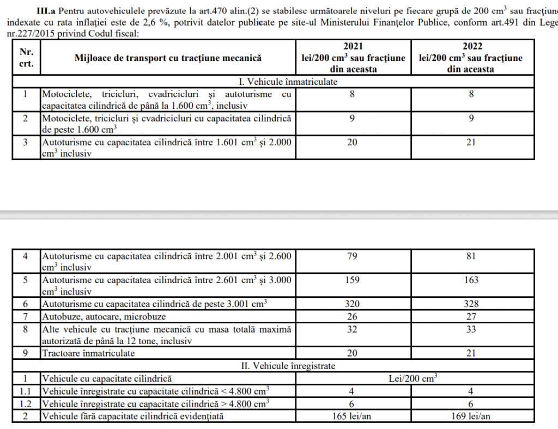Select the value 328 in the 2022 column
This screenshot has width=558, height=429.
coord(471,304)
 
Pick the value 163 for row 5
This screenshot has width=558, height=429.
coord(471,280)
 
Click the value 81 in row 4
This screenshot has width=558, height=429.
coord(471,256)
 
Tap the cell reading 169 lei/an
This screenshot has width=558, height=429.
coord(471,416)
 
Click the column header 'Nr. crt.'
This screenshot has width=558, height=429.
coord(27,58)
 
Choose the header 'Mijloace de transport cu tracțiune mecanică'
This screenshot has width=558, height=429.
coord(168,58)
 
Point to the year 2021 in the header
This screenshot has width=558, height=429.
coord(353,47)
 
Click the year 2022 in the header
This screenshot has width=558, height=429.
coord(471,47)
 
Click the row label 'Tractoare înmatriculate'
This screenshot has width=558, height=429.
coord(88,353)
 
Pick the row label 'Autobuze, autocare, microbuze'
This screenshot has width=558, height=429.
coord(104,316)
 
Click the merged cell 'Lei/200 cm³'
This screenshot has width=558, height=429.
coord(414,377)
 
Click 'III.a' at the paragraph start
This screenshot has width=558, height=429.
coord(46,11)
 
